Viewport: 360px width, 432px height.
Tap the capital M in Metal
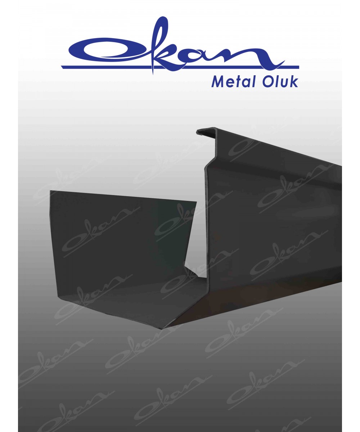point(217,81)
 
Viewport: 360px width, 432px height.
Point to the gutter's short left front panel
point(119,245)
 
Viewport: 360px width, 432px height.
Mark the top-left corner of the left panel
point(50,191)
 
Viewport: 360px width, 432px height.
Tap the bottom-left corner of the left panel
point(58,297)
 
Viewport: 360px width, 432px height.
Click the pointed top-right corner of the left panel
point(197,202)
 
